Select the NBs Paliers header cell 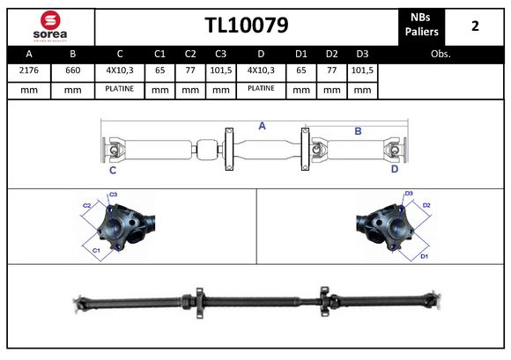pos(421,25)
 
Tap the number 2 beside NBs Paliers pos(475,25)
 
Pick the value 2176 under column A pos(28,71)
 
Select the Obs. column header pos(441,54)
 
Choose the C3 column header pos(220,54)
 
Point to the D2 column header pos(331,54)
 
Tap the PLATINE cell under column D pos(261,89)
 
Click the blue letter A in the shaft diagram pos(262,126)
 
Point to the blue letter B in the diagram pos(358,131)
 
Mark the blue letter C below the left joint pos(113,171)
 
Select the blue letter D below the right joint pos(394,171)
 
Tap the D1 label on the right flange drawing pos(424,256)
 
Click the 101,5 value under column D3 pos(361,71)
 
